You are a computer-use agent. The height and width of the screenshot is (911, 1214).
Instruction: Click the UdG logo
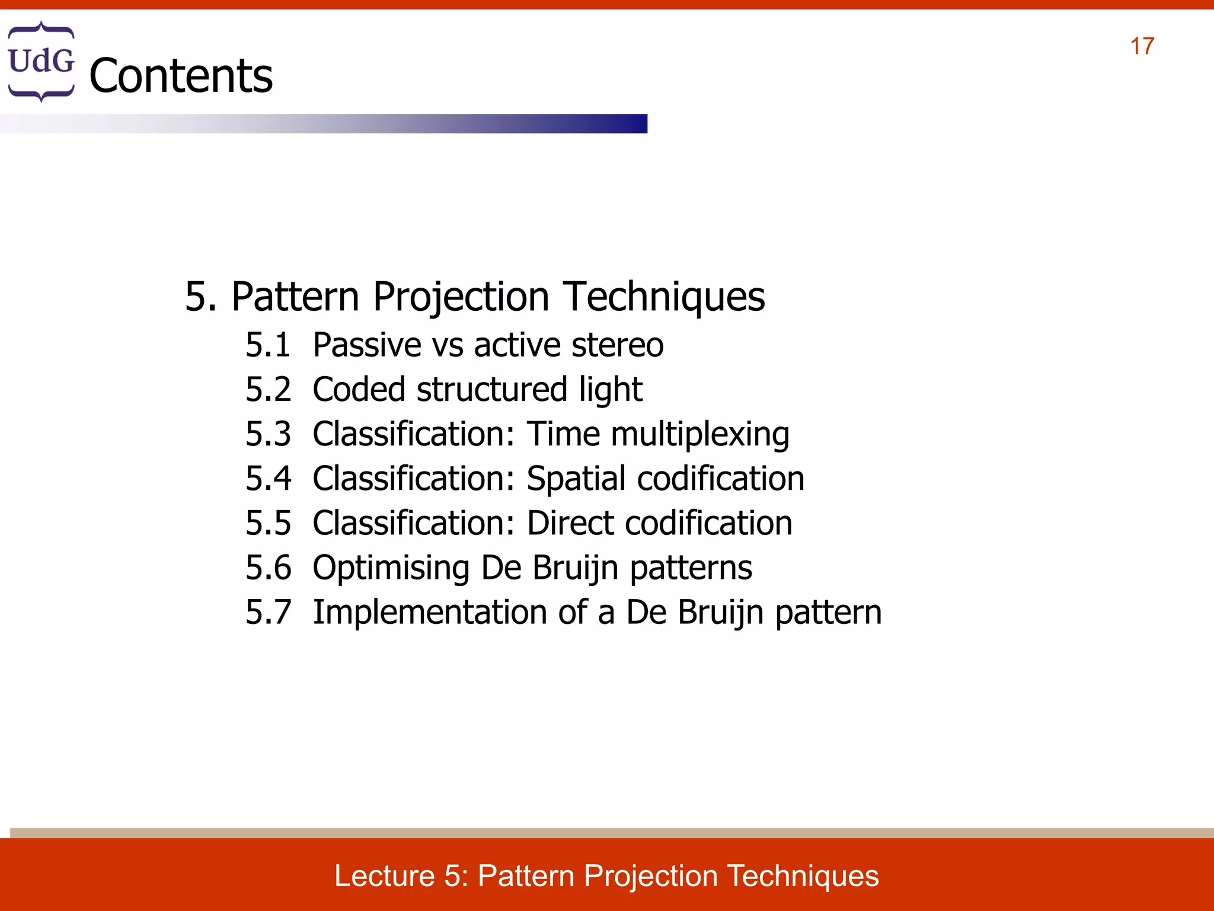pos(41,61)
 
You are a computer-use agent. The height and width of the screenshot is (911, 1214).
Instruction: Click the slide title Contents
pos(181,76)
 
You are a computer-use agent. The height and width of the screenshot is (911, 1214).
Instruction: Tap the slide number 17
pos(1142,46)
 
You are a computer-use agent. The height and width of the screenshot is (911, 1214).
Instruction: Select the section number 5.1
pos(268,345)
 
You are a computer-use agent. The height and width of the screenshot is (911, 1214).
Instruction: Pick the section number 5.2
pos(268,390)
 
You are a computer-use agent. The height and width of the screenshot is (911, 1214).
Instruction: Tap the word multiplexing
pos(699,435)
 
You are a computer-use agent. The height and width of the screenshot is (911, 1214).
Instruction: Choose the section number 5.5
pos(268,523)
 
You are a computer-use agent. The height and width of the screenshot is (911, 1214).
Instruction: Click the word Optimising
pos(391,568)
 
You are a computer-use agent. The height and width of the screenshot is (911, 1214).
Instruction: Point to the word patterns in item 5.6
pos(691,568)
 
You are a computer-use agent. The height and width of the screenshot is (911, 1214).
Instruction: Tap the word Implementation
pos(429,613)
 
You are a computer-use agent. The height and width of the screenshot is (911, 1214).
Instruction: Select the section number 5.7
pos(268,613)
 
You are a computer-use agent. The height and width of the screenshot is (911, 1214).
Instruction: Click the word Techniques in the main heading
pos(664,297)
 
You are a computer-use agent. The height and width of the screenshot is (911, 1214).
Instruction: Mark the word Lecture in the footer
pos(385,876)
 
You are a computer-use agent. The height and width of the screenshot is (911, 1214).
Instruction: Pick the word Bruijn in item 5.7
pos(720,613)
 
